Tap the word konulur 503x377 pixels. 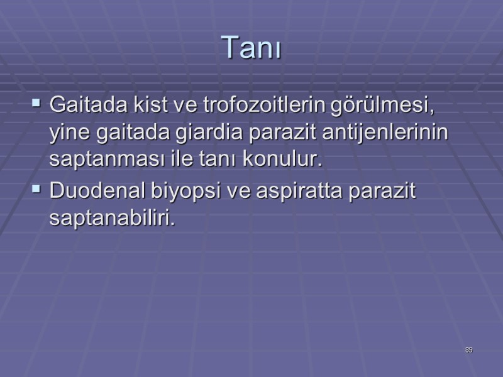tap(289, 160)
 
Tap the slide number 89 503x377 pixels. tap(469, 350)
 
